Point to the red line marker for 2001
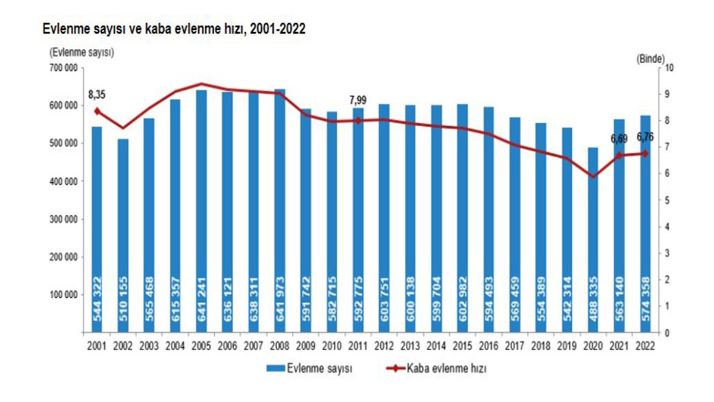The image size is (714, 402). [x=97, y=111]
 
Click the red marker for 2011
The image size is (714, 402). [x=358, y=120]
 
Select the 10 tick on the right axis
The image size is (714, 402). [x=669, y=67]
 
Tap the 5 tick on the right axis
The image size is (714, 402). [x=667, y=200]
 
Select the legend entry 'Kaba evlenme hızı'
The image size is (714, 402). [x=446, y=369]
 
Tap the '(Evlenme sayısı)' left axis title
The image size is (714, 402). [x=82, y=52]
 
